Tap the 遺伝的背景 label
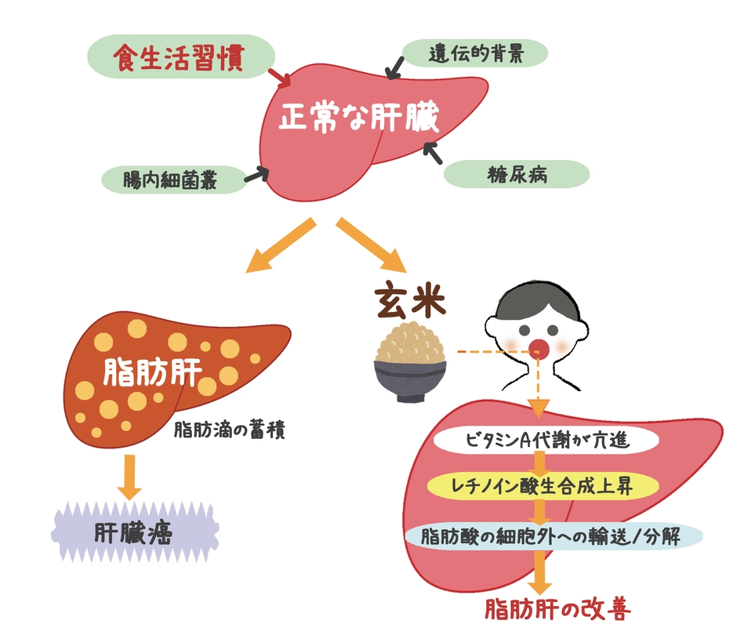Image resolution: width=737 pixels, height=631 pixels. (x=474, y=54)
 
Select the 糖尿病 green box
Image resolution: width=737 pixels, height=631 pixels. (x=516, y=174)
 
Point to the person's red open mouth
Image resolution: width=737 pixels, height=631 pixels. (x=539, y=346)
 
